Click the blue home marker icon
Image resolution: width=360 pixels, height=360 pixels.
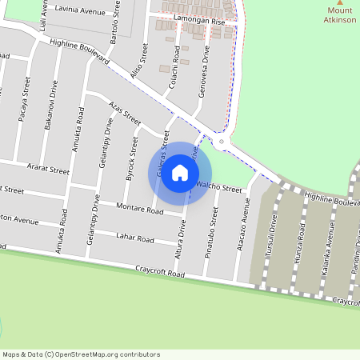[x=180, y=173]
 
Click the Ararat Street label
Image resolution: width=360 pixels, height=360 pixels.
[x=49, y=170]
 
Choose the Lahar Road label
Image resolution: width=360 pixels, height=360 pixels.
[x=134, y=238]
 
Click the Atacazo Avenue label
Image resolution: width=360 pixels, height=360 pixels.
[x=242, y=227]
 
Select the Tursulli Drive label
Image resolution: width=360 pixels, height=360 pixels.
[x=274, y=232]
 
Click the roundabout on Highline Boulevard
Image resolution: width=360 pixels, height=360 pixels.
[x=221, y=142]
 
